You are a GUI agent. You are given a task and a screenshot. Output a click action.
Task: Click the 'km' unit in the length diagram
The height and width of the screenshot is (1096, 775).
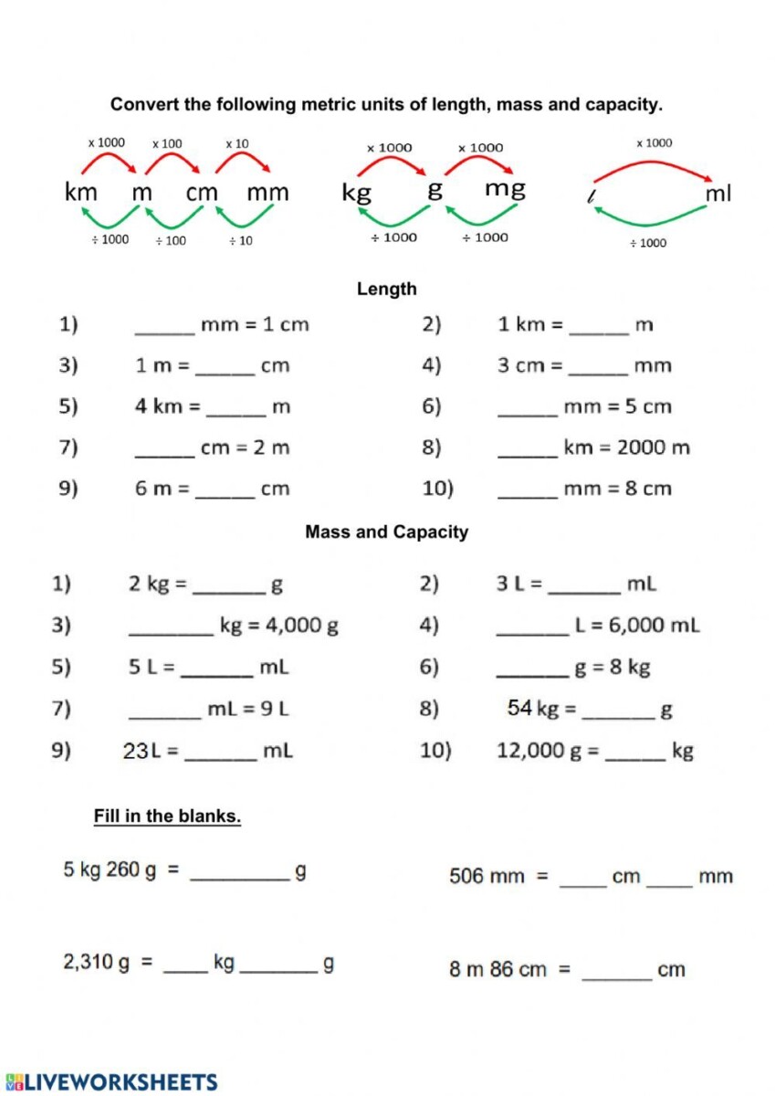(81, 193)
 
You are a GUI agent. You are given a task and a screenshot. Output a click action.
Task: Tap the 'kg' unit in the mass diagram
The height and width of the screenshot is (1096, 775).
(356, 193)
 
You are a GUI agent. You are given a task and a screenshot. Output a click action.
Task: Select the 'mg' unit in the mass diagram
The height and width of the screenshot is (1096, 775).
(505, 189)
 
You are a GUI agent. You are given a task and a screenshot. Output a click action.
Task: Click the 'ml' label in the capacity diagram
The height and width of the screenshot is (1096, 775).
(717, 194)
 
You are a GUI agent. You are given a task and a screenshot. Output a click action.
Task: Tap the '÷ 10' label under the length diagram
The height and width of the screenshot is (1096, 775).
(241, 241)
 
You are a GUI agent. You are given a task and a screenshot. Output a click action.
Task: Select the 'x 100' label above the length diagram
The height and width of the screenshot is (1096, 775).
(167, 143)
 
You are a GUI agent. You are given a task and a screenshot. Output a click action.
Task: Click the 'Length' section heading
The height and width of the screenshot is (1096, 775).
(387, 290)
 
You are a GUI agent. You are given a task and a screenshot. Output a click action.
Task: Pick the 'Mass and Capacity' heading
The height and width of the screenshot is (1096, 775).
(387, 532)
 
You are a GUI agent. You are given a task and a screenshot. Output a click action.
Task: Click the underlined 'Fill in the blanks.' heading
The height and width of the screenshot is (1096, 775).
(167, 817)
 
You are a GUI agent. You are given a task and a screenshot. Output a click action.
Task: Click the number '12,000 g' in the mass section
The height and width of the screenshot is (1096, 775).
(535, 751)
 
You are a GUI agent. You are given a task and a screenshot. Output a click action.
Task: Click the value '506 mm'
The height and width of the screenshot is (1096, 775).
(487, 877)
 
